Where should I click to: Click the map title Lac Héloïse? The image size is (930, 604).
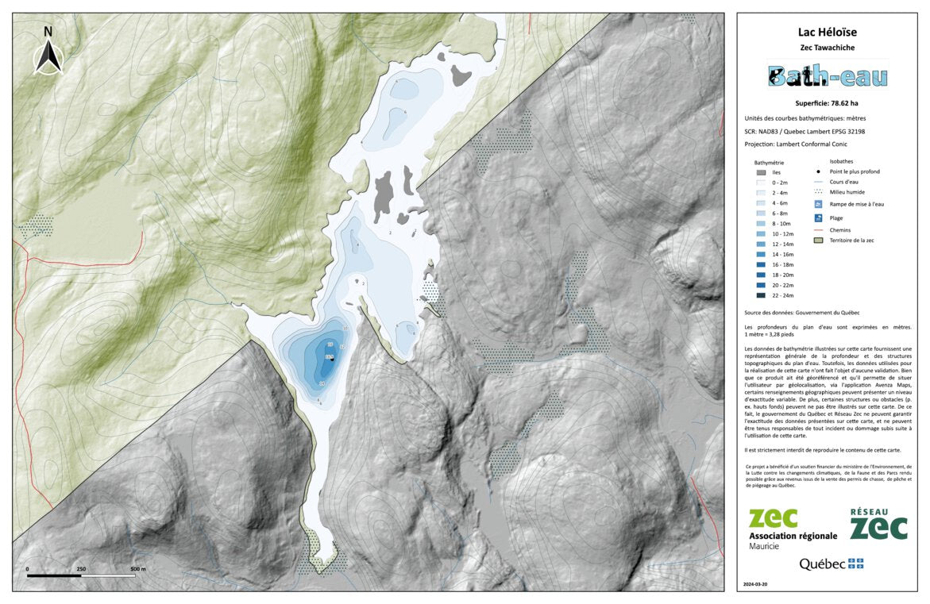pyautogui.click(x=828, y=33)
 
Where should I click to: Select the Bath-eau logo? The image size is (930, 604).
pyautogui.click(x=828, y=76)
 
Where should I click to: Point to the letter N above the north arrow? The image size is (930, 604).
pyautogui.click(x=48, y=32)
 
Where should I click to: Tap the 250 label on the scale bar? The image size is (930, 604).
pyautogui.click(x=81, y=569)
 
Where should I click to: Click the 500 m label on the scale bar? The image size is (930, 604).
pyautogui.click(x=137, y=569)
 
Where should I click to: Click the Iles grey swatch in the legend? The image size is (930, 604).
pyautogui.click(x=761, y=171)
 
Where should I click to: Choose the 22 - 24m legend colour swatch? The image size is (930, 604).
pyautogui.click(x=761, y=295)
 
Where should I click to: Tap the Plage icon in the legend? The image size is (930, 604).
pyautogui.click(x=818, y=217)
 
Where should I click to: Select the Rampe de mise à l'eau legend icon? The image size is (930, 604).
pyautogui.click(x=818, y=204)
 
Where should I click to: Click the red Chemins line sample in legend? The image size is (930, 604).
pyautogui.click(x=818, y=229)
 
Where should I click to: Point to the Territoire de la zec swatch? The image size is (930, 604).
pyautogui.click(x=818, y=240)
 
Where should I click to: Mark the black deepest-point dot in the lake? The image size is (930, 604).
pyautogui.click(x=333, y=360)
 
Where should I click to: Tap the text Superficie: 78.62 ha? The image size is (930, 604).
pyautogui.click(x=828, y=103)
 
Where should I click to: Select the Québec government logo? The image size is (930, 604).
pyautogui.click(x=831, y=564)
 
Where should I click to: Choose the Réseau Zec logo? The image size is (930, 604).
pyautogui.click(x=878, y=525)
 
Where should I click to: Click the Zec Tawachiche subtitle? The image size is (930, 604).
pyautogui.click(x=828, y=48)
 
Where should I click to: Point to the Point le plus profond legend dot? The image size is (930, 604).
pyautogui.click(x=818, y=171)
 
